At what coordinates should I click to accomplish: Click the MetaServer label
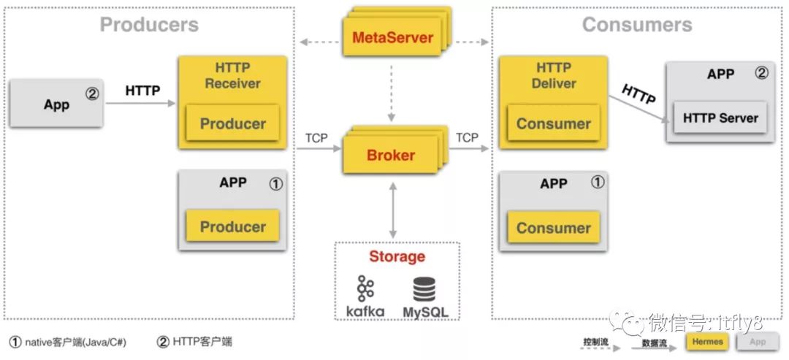pos(393,38)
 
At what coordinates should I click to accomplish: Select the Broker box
pos(391,156)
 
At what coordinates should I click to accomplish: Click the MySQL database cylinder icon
pos(424,289)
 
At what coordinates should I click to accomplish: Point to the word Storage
pos(397,256)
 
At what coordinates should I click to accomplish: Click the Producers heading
pos(149,25)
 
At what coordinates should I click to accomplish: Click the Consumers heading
pos(637,25)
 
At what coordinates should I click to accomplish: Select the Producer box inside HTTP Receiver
pos(232,123)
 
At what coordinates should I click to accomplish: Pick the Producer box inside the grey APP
pos(232,226)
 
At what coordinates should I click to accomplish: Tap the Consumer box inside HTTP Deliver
pos(553,123)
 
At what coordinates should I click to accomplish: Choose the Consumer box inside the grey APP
pos(553,228)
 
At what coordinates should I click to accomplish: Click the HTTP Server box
pos(720,118)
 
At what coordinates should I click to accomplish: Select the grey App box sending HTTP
pos(56,104)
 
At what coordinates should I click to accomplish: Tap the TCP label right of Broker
pos(467,137)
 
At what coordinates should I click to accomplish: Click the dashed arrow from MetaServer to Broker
pos(393,91)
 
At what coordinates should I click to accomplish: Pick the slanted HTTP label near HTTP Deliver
pos(638,94)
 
